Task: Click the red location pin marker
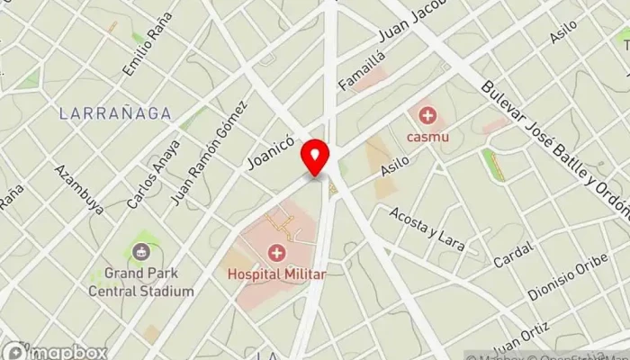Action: pos(315,158)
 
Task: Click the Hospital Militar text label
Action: pos(275,270)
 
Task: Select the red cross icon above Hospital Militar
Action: pos(275,251)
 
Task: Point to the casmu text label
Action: pos(427,137)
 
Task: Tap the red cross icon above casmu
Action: pos(427,116)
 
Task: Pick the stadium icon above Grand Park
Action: pos(140,253)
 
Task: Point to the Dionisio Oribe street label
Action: pos(562,281)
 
